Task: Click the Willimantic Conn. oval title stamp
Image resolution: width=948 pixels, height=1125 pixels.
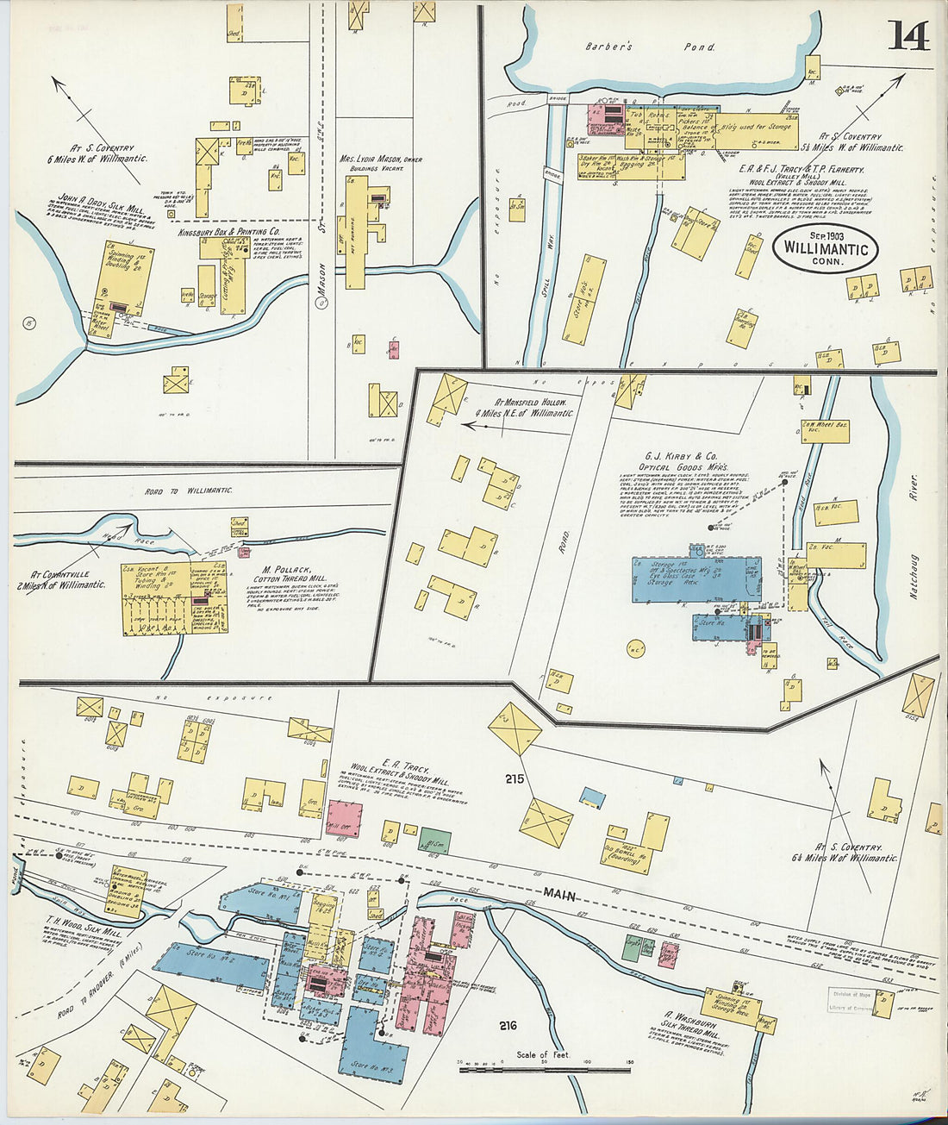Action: point(826,249)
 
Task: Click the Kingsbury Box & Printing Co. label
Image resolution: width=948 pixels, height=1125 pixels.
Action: point(229,232)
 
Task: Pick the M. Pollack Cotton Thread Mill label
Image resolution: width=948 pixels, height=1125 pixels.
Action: point(292,573)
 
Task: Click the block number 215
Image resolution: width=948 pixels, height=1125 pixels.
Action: point(515,779)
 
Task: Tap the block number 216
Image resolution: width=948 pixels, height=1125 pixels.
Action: point(508,1025)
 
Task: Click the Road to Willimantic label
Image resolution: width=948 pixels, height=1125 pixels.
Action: point(189,490)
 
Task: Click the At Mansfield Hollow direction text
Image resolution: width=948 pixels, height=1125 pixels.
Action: point(528,407)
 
